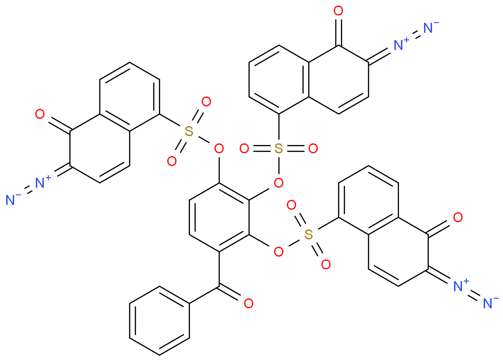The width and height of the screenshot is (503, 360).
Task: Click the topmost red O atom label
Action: [x=338, y=11]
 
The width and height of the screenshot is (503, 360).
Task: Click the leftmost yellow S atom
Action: [x=189, y=131]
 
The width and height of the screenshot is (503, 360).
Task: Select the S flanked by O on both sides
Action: [x=279, y=149]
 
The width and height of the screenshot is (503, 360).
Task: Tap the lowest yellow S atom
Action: [x=309, y=235]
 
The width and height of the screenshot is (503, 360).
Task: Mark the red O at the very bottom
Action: [x=249, y=304]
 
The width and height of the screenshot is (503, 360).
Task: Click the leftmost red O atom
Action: [x=40, y=114]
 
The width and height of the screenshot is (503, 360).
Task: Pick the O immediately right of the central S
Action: [x=313, y=149]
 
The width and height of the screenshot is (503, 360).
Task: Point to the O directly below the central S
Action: [x=279, y=183]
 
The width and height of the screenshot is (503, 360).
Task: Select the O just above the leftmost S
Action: [x=206, y=102]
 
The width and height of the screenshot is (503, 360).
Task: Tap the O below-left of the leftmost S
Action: [x=172, y=161]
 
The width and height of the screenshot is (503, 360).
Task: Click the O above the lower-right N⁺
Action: [x=458, y=218]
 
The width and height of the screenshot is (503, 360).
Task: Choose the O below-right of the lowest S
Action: [x=326, y=265]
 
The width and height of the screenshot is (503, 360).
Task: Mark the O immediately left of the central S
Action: [x=244, y=149]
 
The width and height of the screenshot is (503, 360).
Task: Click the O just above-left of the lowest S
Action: [x=291, y=205]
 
